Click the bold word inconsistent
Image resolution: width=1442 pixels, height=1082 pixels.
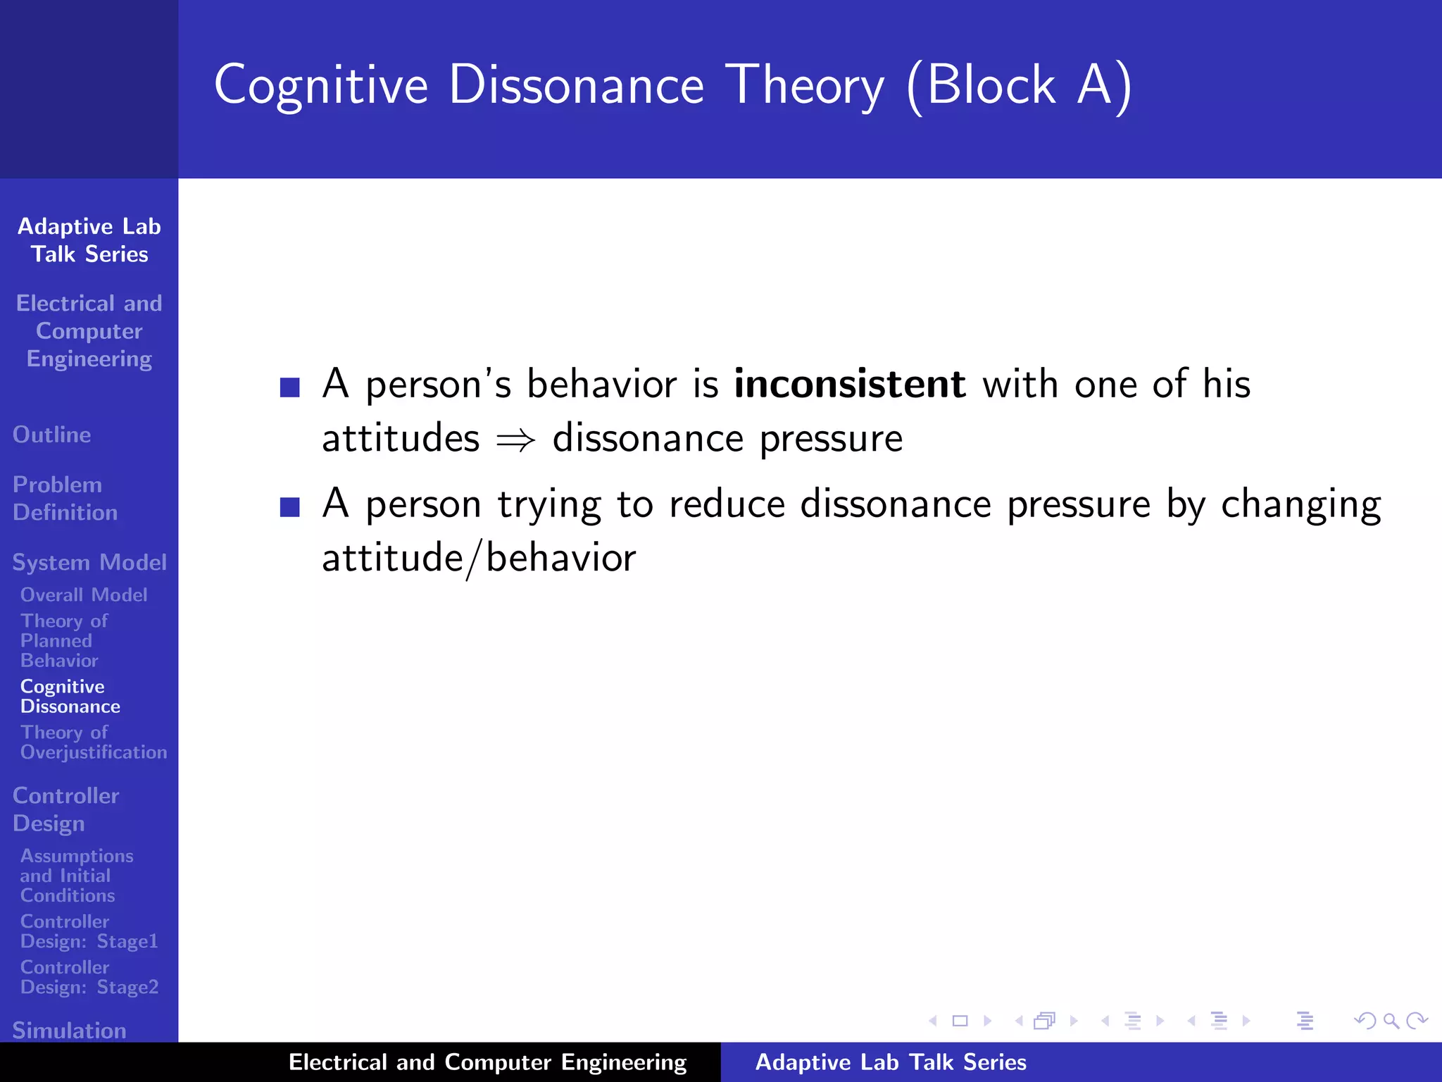coord(849,385)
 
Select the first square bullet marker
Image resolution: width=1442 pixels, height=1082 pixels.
coord(290,387)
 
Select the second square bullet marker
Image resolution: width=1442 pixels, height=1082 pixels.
coord(290,507)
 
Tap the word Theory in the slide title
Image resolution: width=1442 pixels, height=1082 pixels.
coord(804,85)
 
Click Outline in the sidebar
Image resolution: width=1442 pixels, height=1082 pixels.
coord(52,435)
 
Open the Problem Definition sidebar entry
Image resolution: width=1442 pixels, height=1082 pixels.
coord(65,498)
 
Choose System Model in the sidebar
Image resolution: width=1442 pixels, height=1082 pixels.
coord(89,562)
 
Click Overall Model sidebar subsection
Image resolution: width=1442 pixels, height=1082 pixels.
coord(84,595)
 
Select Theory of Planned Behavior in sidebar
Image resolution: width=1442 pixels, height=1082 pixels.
coord(63,640)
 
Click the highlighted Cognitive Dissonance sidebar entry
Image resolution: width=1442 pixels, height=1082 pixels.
coord(70,696)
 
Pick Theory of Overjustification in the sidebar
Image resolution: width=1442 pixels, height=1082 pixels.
coord(93,742)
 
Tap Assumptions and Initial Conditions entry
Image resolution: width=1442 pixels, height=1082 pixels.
coord(76,876)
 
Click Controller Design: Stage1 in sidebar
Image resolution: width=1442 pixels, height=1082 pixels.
coord(89,931)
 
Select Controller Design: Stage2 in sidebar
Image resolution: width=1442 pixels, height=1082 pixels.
coord(89,977)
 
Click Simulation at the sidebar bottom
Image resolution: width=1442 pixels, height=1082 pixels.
coord(69,1031)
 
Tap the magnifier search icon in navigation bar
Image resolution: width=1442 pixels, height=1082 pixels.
coord(1391,1021)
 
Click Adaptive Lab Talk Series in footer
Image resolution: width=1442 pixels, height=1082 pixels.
coord(891,1062)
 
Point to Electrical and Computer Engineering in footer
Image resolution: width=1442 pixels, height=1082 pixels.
coord(487,1062)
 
